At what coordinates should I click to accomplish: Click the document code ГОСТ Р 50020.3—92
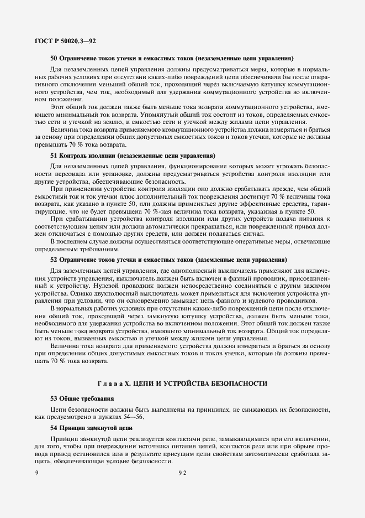pyautogui.click(x=62, y=40)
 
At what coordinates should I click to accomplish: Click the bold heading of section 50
pyautogui.click(x=171, y=58)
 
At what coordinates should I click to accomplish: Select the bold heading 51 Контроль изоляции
pyautogui.click(x=133, y=156)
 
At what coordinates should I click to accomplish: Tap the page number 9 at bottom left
pyautogui.click(x=36, y=473)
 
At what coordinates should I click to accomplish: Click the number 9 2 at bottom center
pyautogui.click(x=182, y=473)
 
